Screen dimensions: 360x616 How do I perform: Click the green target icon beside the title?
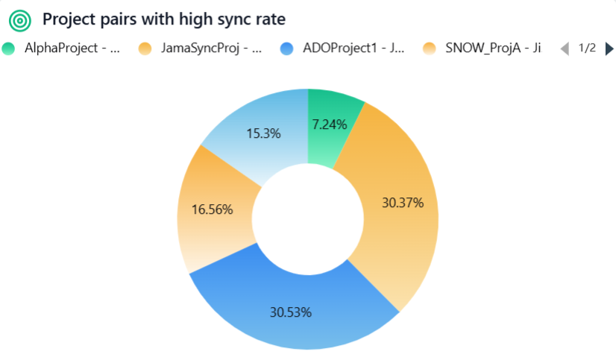tap(19, 19)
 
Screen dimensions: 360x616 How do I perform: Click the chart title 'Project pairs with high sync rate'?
tap(164, 19)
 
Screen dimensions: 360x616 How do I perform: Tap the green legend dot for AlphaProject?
tap(9, 48)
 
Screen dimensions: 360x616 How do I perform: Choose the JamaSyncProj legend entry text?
tap(211, 48)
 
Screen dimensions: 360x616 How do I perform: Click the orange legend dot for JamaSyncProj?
tap(145, 48)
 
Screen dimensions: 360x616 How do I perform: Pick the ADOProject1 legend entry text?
tap(353, 48)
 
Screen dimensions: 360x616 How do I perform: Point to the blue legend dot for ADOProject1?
tap(287, 48)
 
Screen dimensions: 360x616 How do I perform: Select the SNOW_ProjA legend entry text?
tap(493, 48)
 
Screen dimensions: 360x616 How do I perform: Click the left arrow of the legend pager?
tap(565, 48)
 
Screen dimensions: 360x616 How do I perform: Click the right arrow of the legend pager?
tap(609, 48)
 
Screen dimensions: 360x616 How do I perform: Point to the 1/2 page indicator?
tap(587, 48)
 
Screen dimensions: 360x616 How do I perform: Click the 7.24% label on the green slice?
tap(329, 124)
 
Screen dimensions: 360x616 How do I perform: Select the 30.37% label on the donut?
tap(402, 202)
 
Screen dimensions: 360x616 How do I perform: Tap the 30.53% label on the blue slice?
tap(290, 312)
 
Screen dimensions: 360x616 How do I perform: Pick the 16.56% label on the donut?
tap(212, 209)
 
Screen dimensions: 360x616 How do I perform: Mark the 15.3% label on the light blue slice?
tap(263, 133)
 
